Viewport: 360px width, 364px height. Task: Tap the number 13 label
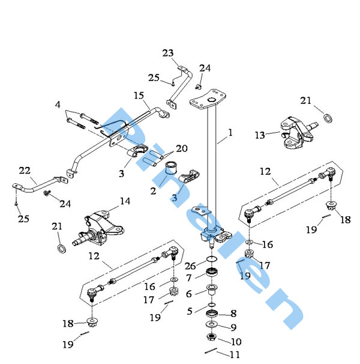259,135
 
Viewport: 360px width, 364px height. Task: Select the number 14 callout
125,201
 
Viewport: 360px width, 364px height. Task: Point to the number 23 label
167,53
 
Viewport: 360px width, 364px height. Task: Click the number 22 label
24,170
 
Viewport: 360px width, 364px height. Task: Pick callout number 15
139,95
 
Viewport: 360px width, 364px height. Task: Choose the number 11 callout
235,354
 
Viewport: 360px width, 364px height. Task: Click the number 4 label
58,105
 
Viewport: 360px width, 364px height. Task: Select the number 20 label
181,148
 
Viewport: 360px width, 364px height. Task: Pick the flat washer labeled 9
211,326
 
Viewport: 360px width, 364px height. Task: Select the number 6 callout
190,294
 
